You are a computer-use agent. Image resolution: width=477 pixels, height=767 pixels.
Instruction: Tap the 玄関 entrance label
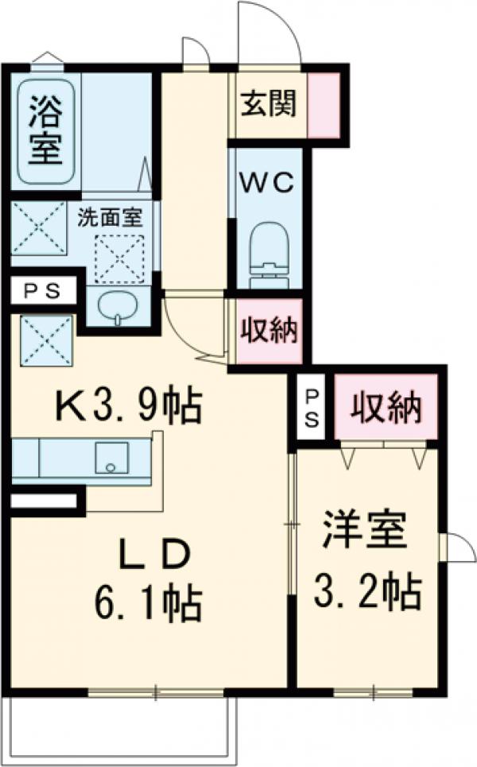click(x=269, y=103)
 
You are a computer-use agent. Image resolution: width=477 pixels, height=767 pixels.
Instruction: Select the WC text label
click(x=268, y=182)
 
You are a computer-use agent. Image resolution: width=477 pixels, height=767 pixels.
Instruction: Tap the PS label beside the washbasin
click(x=40, y=291)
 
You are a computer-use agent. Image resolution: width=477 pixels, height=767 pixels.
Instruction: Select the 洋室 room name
click(x=364, y=532)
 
